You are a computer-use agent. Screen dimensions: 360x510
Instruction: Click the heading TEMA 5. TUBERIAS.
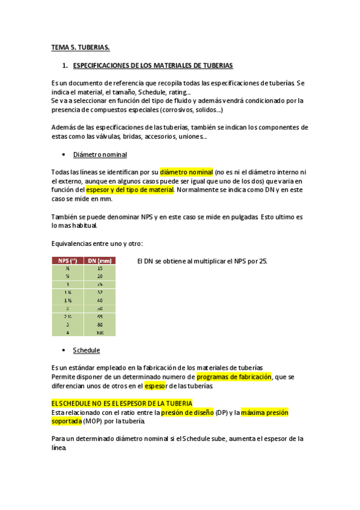[80, 47]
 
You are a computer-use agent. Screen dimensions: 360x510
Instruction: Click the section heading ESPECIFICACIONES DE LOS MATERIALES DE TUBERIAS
[153, 65]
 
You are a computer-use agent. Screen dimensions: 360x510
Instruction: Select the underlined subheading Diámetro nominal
[100, 155]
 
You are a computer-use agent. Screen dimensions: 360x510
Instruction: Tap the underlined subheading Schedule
[86, 350]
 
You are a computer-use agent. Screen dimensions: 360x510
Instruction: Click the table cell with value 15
[99, 268]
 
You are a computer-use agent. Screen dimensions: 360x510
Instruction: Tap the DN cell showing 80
[99, 324]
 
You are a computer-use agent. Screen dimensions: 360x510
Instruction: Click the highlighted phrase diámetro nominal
[187, 172]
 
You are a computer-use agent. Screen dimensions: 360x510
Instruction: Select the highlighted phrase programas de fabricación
[234, 377]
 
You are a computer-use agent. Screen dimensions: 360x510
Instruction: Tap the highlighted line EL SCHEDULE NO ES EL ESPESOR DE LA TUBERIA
[121, 403]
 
